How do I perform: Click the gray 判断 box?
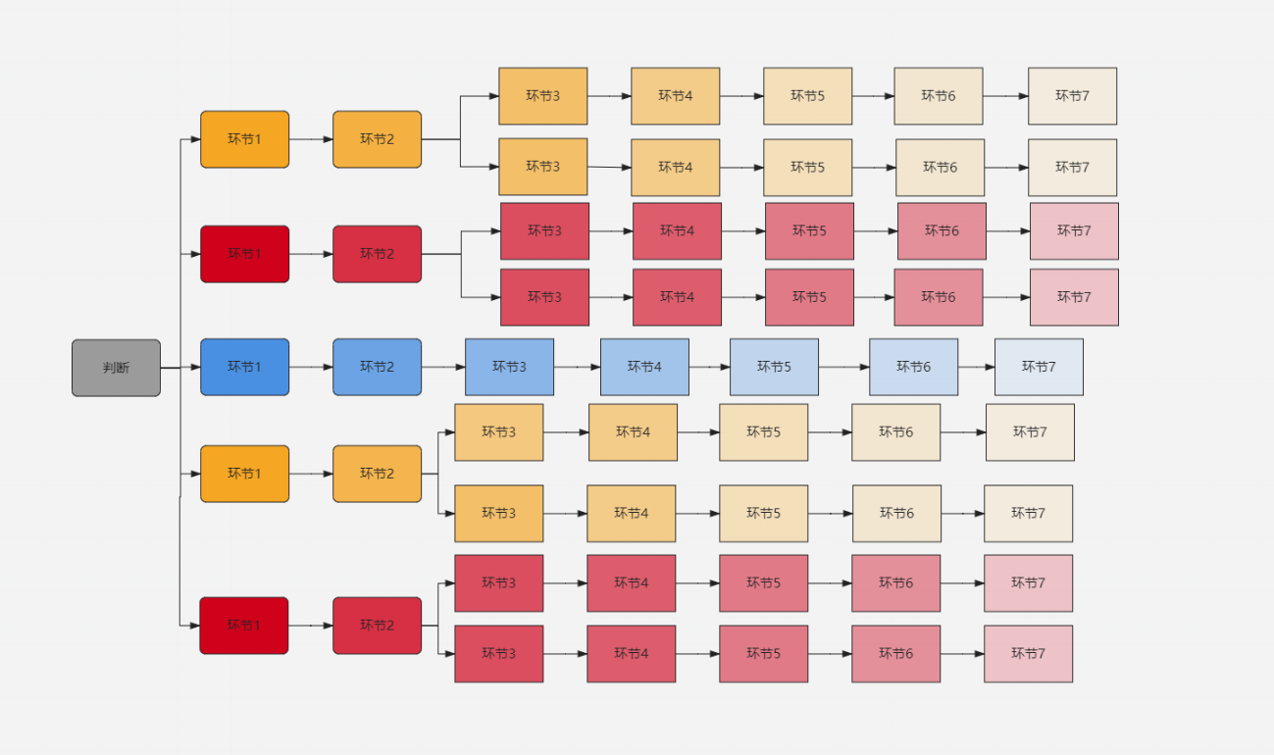pos(116,368)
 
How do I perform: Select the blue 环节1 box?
pos(244,367)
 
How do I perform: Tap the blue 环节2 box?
pos(377,367)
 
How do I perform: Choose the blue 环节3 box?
pos(509,367)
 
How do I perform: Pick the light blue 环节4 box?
pos(644,367)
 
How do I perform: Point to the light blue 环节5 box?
pos(774,367)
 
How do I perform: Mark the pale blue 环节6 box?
pos(913,367)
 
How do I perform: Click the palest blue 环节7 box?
pos(1039,367)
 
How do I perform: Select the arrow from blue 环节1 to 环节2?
pos(311,367)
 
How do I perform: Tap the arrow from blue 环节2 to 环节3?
pos(443,367)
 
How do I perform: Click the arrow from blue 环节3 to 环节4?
pos(577,367)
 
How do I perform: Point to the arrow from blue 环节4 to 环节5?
pos(709,367)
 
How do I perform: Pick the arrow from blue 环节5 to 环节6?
pos(843,367)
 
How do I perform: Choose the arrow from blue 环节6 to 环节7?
pos(976,367)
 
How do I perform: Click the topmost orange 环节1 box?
pos(244,139)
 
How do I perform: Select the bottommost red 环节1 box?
pos(243,626)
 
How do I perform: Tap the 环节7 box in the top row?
pos(1072,96)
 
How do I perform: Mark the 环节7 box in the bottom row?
pos(1028,654)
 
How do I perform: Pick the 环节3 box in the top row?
pos(542,96)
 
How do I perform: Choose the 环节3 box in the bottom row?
pos(498,654)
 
